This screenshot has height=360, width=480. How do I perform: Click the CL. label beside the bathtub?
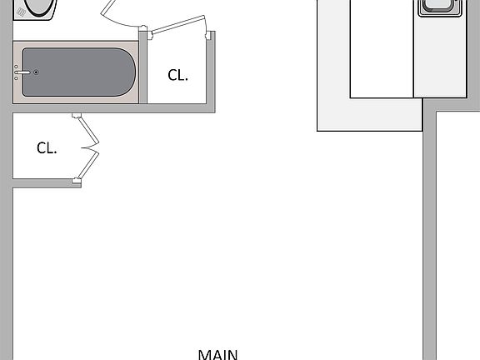coord(177,75)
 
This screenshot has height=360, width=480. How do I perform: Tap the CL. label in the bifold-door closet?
coord(47,148)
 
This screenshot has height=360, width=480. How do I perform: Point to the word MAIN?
coord(217,355)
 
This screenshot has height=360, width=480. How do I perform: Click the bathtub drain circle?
coord(36,72)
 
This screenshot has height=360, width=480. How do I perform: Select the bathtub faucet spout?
coord(22,72)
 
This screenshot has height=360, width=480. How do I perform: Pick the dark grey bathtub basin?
coord(78,72)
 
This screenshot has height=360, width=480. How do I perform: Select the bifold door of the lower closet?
coord(90,147)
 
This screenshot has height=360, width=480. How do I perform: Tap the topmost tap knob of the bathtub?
coord(16,67)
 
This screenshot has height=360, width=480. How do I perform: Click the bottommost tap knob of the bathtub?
coord(16,78)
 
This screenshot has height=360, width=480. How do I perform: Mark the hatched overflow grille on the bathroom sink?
coord(21,12)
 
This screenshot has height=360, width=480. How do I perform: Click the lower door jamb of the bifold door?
coord(77,181)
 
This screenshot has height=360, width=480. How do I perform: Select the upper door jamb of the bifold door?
coord(77,115)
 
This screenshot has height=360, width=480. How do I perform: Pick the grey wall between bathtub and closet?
coord(143,67)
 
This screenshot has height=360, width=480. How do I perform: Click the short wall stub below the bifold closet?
coord(47,183)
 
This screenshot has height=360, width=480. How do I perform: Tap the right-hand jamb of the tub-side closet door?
coord(208,35)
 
